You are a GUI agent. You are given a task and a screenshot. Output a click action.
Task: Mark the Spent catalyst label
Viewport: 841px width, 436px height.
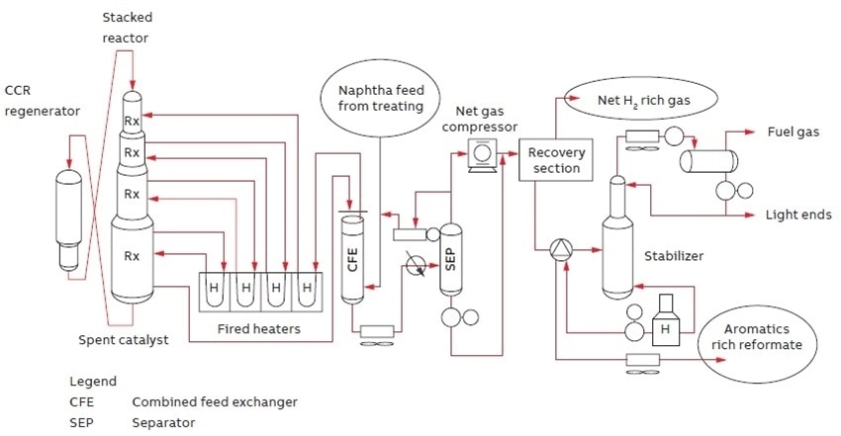click(123, 339)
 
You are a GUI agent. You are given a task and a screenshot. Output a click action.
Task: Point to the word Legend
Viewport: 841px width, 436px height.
click(93, 381)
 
